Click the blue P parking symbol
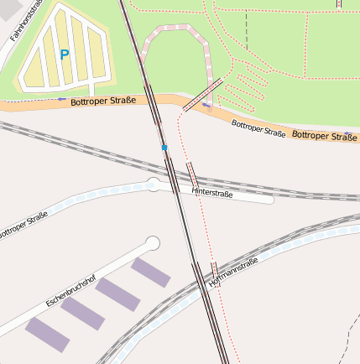coord(64,55)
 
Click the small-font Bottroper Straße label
coord(258,127)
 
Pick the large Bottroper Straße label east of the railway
coord(324,135)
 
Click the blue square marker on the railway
coord(165,148)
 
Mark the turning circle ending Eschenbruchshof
coord(152,243)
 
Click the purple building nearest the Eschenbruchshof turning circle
coord(151,272)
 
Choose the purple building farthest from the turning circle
coord(47,334)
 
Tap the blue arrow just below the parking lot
coord(61,99)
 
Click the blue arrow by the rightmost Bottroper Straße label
coord(348,133)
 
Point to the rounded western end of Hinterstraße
coord(154,184)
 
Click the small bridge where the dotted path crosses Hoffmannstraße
coord(214,269)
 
